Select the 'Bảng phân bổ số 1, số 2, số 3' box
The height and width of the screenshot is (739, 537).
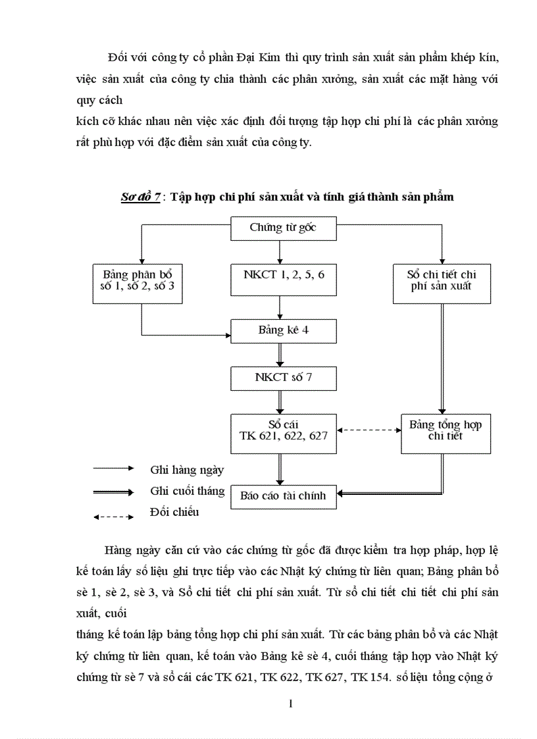coord(137,280)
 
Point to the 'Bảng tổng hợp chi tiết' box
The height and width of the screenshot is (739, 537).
coord(446,430)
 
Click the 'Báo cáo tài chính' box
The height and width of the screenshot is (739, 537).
coord(284,496)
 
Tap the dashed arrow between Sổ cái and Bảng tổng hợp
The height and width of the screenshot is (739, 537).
coord(369,430)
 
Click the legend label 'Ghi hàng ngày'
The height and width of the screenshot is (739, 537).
coord(187,469)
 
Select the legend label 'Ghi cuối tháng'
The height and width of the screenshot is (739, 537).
coord(188,491)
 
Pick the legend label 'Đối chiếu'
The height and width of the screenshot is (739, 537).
coord(174,512)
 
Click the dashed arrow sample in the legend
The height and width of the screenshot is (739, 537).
coord(114,517)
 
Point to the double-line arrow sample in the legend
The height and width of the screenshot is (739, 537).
coord(114,492)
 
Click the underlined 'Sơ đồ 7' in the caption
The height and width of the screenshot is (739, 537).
coord(140,197)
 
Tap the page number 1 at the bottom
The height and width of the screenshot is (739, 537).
coord(290,704)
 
